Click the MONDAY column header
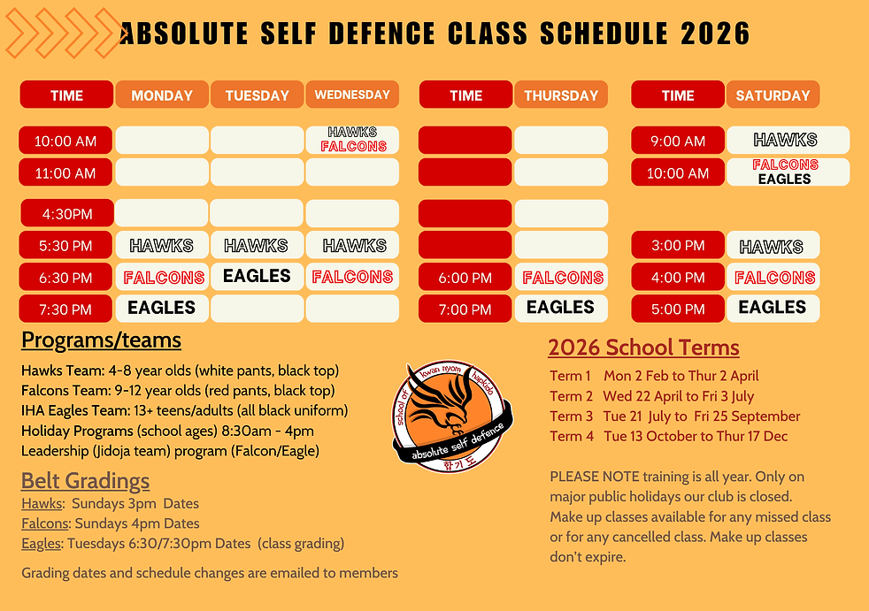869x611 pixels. [x=162, y=95]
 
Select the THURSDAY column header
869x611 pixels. [x=561, y=95]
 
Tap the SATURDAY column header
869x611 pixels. [x=773, y=95]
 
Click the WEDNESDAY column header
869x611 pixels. [x=352, y=95]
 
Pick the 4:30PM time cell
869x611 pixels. [x=66, y=213]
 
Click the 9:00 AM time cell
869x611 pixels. [x=678, y=141]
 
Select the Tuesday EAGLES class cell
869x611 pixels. [x=257, y=277]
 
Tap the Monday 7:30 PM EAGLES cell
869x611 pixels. [x=162, y=308]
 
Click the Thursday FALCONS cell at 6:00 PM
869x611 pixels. [x=561, y=278]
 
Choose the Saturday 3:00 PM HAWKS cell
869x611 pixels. [x=773, y=246]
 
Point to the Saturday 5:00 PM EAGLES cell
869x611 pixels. [x=773, y=308]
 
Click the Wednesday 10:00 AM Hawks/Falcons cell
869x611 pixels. [x=352, y=140]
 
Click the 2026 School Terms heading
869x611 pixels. [x=643, y=348]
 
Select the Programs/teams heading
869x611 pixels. [x=101, y=340]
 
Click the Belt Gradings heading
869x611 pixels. [x=85, y=481]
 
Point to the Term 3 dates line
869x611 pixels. [x=674, y=416]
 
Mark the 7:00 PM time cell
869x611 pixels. [x=465, y=309]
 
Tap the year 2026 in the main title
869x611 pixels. [x=715, y=34]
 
